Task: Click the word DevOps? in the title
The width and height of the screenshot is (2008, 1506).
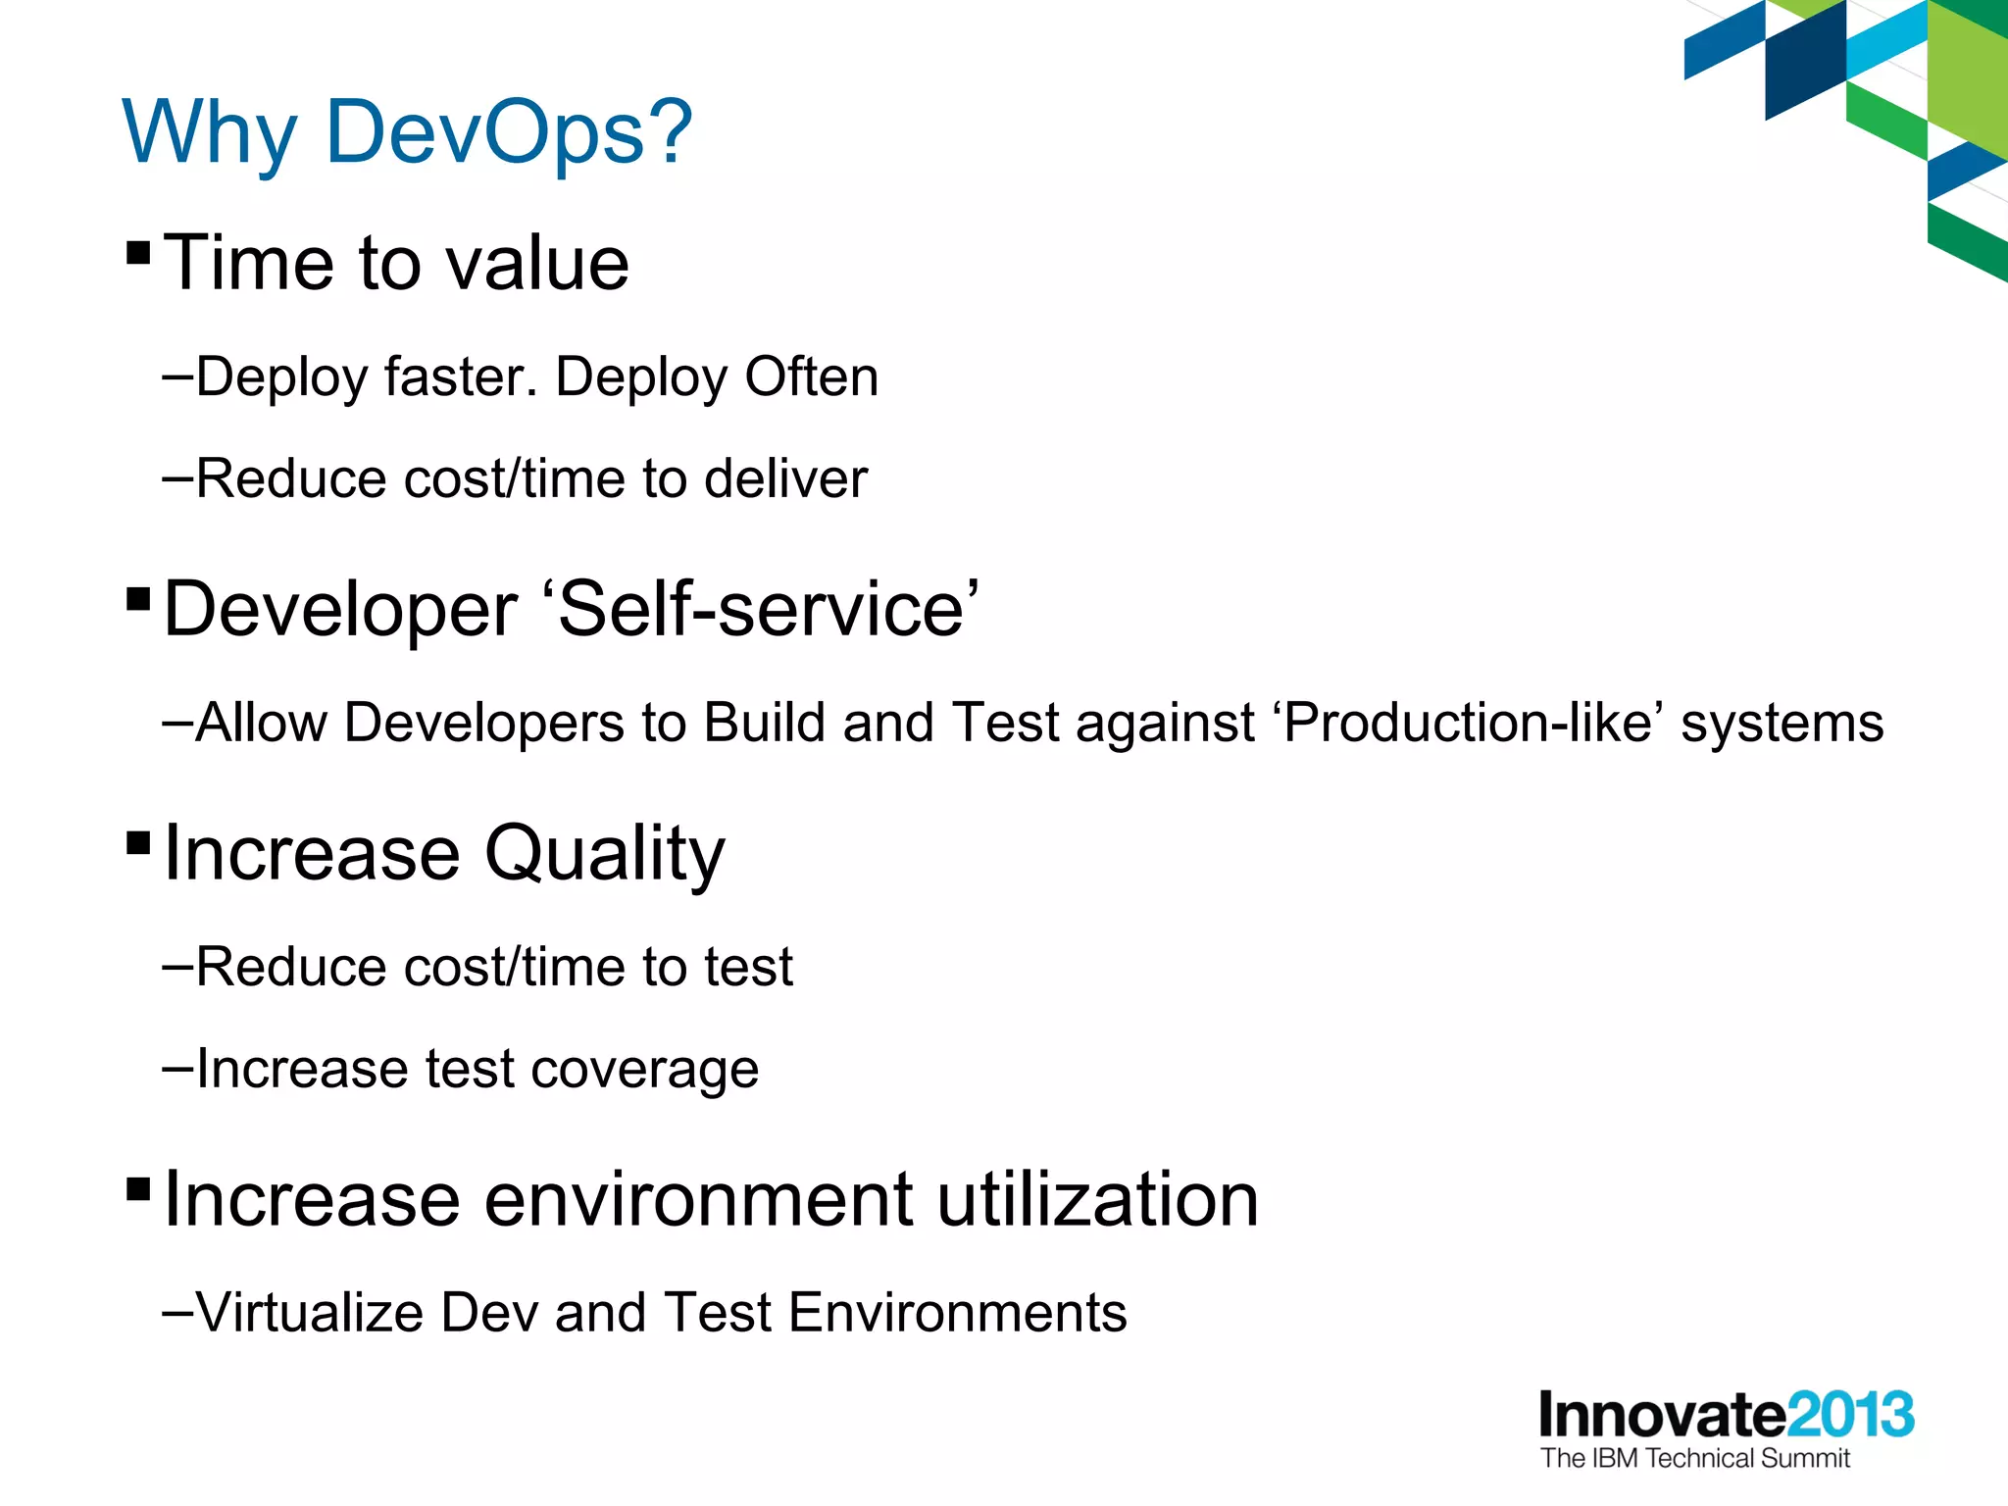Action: pyautogui.click(x=508, y=132)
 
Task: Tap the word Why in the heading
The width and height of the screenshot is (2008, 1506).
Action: pyautogui.click(x=209, y=132)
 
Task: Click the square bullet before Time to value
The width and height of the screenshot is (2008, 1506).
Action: pyautogui.click(x=138, y=254)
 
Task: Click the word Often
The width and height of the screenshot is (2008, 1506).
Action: pyautogui.click(x=811, y=376)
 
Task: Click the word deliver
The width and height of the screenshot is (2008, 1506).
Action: pyautogui.click(x=785, y=478)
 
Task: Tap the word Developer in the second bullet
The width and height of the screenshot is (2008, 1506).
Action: pyautogui.click(x=340, y=610)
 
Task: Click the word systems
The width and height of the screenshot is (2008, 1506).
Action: pyautogui.click(x=1782, y=725)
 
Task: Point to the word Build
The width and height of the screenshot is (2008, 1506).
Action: pyautogui.click(x=765, y=723)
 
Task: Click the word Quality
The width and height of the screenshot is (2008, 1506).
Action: pyautogui.click(x=605, y=853)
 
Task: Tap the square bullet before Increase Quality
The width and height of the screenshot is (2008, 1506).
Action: pyautogui.click(x=138, y=842)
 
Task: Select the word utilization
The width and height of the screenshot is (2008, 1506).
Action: pyautogui.click(x=1097, y=1199)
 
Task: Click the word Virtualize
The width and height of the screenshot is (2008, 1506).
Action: pyautogui.click(x=310, y=1312)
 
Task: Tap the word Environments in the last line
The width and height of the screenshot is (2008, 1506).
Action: pyautogui.click(x=957, y=1312)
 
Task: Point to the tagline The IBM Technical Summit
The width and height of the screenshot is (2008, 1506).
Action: pyautogui.click(x=1694, y=1458)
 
